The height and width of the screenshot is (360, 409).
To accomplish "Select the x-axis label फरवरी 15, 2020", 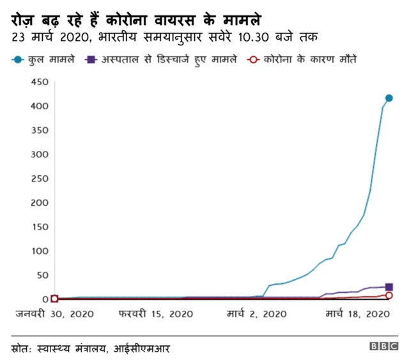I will tap(155, 314).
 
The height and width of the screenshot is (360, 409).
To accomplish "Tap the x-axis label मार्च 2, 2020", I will tap(257, 314).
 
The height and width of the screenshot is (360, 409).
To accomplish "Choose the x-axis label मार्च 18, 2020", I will tap(358, 314).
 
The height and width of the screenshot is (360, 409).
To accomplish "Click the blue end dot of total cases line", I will tap(389, 98).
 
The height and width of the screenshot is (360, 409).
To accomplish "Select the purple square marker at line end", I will tap(389, 287).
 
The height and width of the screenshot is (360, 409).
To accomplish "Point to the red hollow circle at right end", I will tap(389, 295).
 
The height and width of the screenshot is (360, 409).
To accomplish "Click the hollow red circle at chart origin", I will tap(54, 299).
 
